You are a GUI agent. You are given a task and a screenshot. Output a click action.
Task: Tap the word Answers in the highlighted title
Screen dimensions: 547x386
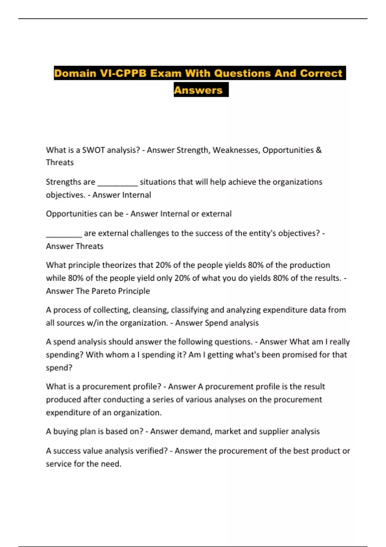tap(198, 90)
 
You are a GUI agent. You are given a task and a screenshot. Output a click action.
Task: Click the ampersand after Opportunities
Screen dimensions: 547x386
tap(319, 150)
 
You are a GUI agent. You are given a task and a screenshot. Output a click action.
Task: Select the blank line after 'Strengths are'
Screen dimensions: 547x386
tap(117, 183)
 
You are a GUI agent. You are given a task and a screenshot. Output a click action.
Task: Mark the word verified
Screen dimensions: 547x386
tap(152, 451)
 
